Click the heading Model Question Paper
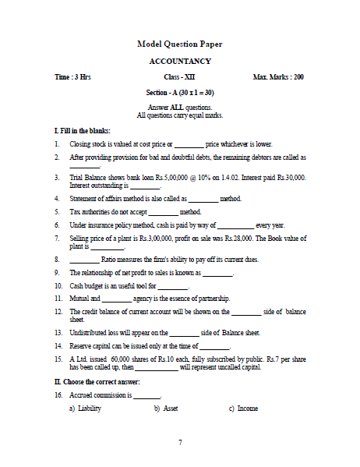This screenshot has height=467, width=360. [179, 44]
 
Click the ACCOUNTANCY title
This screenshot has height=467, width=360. [179, 61]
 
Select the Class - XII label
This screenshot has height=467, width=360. [179, 78]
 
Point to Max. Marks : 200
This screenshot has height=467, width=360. [278, 78]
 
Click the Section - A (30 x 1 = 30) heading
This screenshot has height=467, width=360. [179, 93]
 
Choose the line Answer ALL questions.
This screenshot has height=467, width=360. [179, 107]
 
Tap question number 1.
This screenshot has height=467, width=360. [58, 144]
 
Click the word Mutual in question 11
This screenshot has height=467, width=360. [79, 299]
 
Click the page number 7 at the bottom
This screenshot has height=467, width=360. [180, 443]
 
